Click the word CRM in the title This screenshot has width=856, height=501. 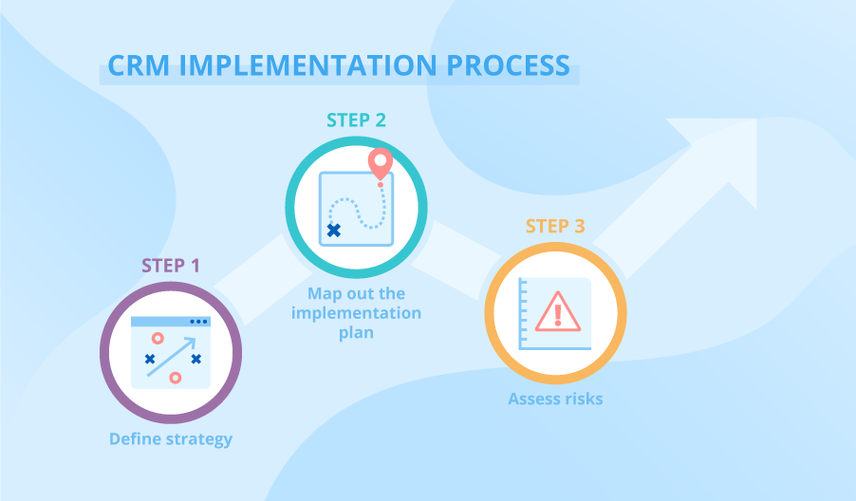coord(139,65)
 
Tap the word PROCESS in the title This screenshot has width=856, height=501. coord(509,65)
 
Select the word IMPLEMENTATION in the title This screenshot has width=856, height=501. coord(307,65)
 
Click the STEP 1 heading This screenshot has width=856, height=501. coord(171,266)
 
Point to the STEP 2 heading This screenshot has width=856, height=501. coord(356,121)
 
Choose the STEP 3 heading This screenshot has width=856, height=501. coord(555,226)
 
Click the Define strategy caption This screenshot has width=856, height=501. coord(171,439)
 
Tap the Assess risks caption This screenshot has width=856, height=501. coord(556,399)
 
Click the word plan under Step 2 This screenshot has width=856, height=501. coord(356,333)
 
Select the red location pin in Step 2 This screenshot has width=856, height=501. coord(381,162)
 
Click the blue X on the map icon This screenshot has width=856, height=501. coord(333,231)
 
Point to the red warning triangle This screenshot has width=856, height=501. coord(557,312)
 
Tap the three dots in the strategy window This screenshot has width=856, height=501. coord(198,322)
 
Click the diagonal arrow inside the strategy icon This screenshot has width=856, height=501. coord(171,357)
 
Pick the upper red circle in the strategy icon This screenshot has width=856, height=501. coord(158,339)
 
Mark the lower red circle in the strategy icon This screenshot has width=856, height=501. coord(176,378)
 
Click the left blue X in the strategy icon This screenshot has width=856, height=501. coord(150,359)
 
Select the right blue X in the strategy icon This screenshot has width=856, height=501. coord(196,359)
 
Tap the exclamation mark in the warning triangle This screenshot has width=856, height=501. coord(557,315)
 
